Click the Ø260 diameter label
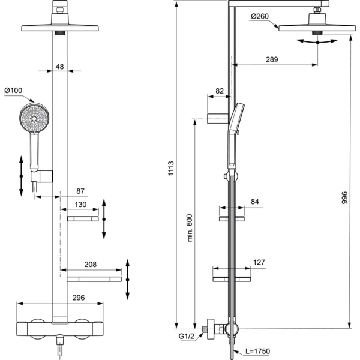pyautogui.click(x=260, y=16)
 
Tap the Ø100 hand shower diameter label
pyautogui.click(x=13, y=90)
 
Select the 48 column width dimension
pyautogui.click(x=59, y=67)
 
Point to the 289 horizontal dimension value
pyautogui.click(x=272, y=59)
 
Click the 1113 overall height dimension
pyautogui.click(x=171, y=168)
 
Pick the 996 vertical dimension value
pyautogui.click(x=344, y=197)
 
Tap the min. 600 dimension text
pyautogui.click(x=190, y=228)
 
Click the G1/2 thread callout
pyautogui.click(x=187, y=337)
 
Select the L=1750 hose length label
pyautogui.click(x=257, y=351)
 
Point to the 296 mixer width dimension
pyautogui.click(x=79, y=298)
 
